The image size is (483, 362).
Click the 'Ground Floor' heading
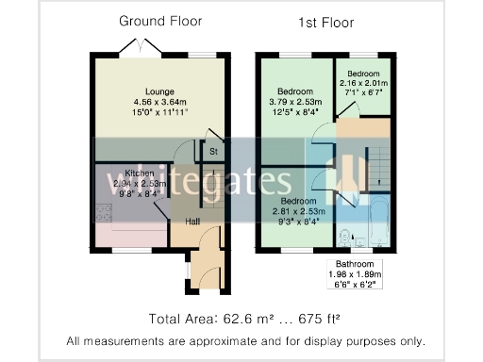pyautogui.click(x=159, y=21)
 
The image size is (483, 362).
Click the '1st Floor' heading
pyautogui.click(x=325, y=21)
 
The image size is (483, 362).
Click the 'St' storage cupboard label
pyautogui.click(x=214, y=151)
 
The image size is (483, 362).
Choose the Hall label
pyautogui.click(x=192, y=222)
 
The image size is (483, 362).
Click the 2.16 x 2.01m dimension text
pyautogui.click(x=362, y=83)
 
